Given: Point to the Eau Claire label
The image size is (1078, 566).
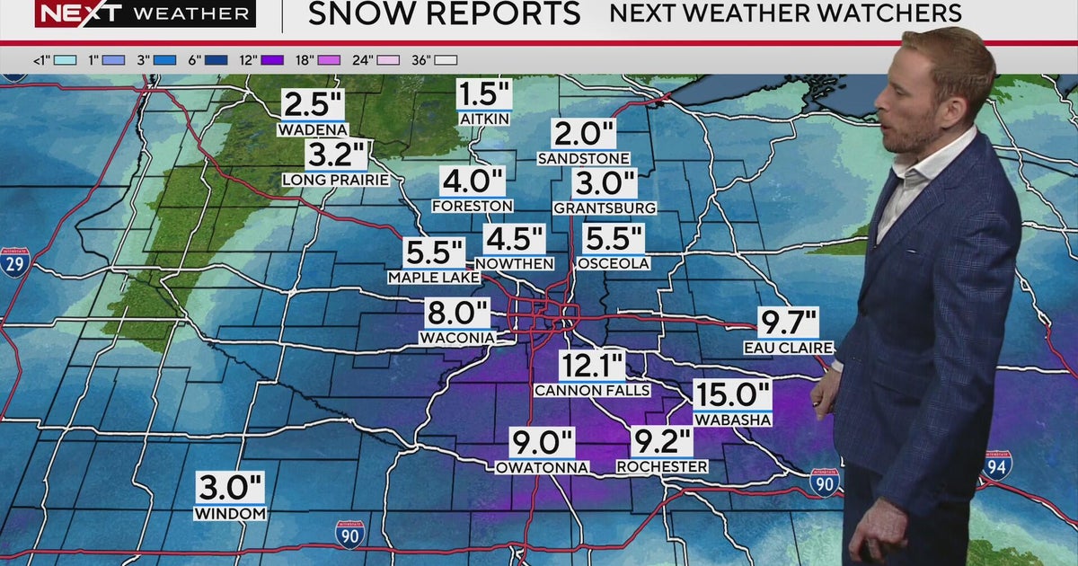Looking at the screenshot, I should pos(788,348).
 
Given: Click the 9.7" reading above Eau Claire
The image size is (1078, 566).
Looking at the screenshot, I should pos(789,322).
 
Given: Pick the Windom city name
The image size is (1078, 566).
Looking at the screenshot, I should pos(231,514).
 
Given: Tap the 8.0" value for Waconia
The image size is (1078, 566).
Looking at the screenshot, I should pos(457,314).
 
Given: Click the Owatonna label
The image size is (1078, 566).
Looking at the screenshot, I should pos(543,467).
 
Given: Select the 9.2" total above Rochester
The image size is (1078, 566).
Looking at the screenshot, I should pos(662,442).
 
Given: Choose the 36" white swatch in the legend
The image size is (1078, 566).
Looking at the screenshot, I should pos(446,60).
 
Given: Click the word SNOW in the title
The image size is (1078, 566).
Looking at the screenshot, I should pos(363,13).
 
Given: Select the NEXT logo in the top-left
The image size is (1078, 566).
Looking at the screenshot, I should pos(81,13).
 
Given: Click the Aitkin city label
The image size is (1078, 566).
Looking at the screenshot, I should pos(484,119).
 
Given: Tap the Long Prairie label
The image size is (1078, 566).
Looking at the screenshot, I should pos(335,180).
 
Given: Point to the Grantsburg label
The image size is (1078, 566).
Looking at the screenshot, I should pos(605,208).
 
